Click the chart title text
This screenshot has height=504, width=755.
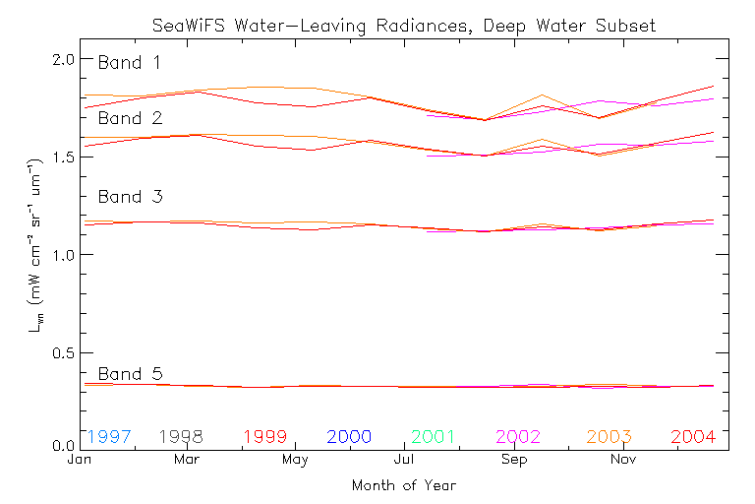403,25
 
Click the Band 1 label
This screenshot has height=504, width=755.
129,63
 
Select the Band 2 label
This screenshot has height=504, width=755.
130,118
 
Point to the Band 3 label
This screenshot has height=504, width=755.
130,197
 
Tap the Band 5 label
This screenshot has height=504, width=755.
130,374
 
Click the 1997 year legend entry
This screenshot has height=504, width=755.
109,436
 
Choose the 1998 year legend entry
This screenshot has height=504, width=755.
180,436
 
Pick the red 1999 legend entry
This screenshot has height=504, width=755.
265,436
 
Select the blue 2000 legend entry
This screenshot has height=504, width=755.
350,436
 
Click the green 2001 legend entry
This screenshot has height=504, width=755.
435,436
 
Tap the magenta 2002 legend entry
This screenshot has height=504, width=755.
519,436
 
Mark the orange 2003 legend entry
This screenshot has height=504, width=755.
610,436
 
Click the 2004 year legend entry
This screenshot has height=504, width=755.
693,436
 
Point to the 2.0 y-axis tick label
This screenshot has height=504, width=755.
63,59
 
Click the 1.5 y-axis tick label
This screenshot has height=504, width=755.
63,157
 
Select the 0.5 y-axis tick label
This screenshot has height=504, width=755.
63,352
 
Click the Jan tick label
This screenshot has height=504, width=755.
79,460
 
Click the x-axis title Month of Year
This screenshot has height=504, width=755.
403,485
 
